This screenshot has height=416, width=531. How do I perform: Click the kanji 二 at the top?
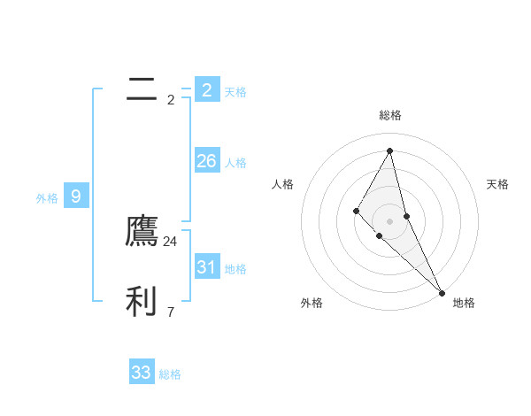click(x=142, y=89)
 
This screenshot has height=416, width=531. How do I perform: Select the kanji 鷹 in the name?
click(x=142, y=231)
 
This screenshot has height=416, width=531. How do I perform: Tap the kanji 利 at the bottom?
click(x=142, y=301)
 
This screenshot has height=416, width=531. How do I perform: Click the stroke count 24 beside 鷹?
click(x=170, y=242)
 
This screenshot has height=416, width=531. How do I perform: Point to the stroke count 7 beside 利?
click(x=170, y=312)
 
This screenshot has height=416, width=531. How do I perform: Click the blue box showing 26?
click(x=206, y=161)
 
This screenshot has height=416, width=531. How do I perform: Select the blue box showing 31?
click(x=206, y=267)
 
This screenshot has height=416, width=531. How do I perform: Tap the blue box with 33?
click(x=142, y=373)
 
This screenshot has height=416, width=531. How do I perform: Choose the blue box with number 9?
click(x=76, y=196)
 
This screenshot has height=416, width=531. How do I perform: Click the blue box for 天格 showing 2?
click(x=206, y=90)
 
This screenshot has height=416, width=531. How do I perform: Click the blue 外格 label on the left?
click(x=47, y=198)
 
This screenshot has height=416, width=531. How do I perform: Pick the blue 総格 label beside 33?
click(x=170, y=374)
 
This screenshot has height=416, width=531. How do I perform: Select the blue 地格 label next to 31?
click(x=235, y=269)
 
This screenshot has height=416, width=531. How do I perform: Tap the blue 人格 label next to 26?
click(x=235, y=163)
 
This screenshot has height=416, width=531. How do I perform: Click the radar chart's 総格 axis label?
click(x=389, y=115)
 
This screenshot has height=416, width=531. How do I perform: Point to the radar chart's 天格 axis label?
click(x=497, y=184)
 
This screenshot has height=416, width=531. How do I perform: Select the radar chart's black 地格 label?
click(x=464, y=303)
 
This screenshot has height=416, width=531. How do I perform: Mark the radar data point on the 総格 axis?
click(x=389, y=150)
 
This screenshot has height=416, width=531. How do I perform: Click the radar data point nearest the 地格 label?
click(x=442, y=292)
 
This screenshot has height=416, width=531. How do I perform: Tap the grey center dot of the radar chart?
click(x=389, y=220)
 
